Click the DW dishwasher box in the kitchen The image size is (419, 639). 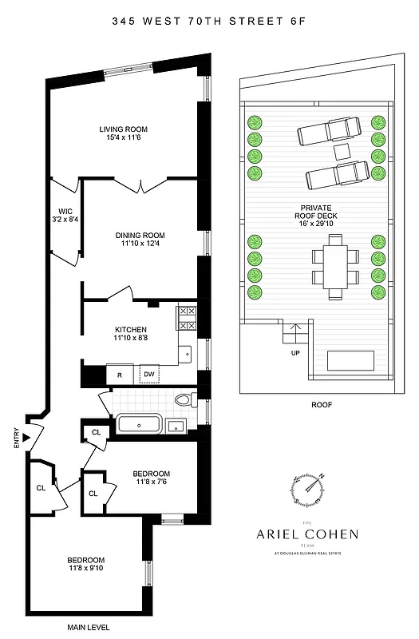pyautogui.click(x=149, y=374)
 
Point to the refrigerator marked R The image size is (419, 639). pyautogui.click(x=119, y=374)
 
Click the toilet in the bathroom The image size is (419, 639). pyautogui.click(x=184, y=401)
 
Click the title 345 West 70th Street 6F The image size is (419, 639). pyautogui.click(x=209, y=25)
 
